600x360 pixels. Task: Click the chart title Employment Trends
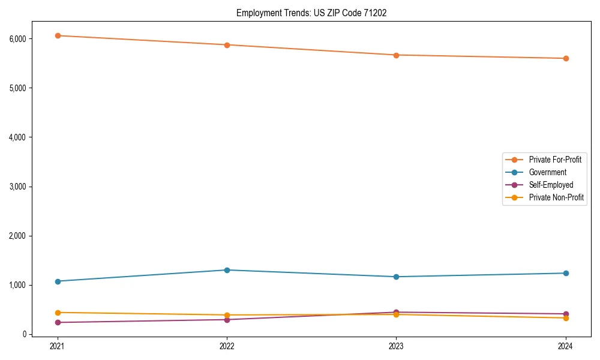311,13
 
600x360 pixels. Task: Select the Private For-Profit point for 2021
58,35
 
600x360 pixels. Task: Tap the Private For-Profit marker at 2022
227,45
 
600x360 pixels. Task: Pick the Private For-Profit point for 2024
566,58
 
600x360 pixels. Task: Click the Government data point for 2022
227,270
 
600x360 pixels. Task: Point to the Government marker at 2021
58,281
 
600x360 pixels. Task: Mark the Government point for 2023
396,277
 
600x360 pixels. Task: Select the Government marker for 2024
566,273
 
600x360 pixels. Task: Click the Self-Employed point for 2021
58,322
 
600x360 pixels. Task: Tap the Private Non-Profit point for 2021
58,313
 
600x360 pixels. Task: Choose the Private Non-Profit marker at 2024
566,318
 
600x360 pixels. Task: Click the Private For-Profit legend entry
555,160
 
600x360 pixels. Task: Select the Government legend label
547,172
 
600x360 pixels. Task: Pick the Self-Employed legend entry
551,185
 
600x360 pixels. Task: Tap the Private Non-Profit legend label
556,197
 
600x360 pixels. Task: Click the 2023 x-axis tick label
396,346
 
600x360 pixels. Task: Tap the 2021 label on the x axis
58,346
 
